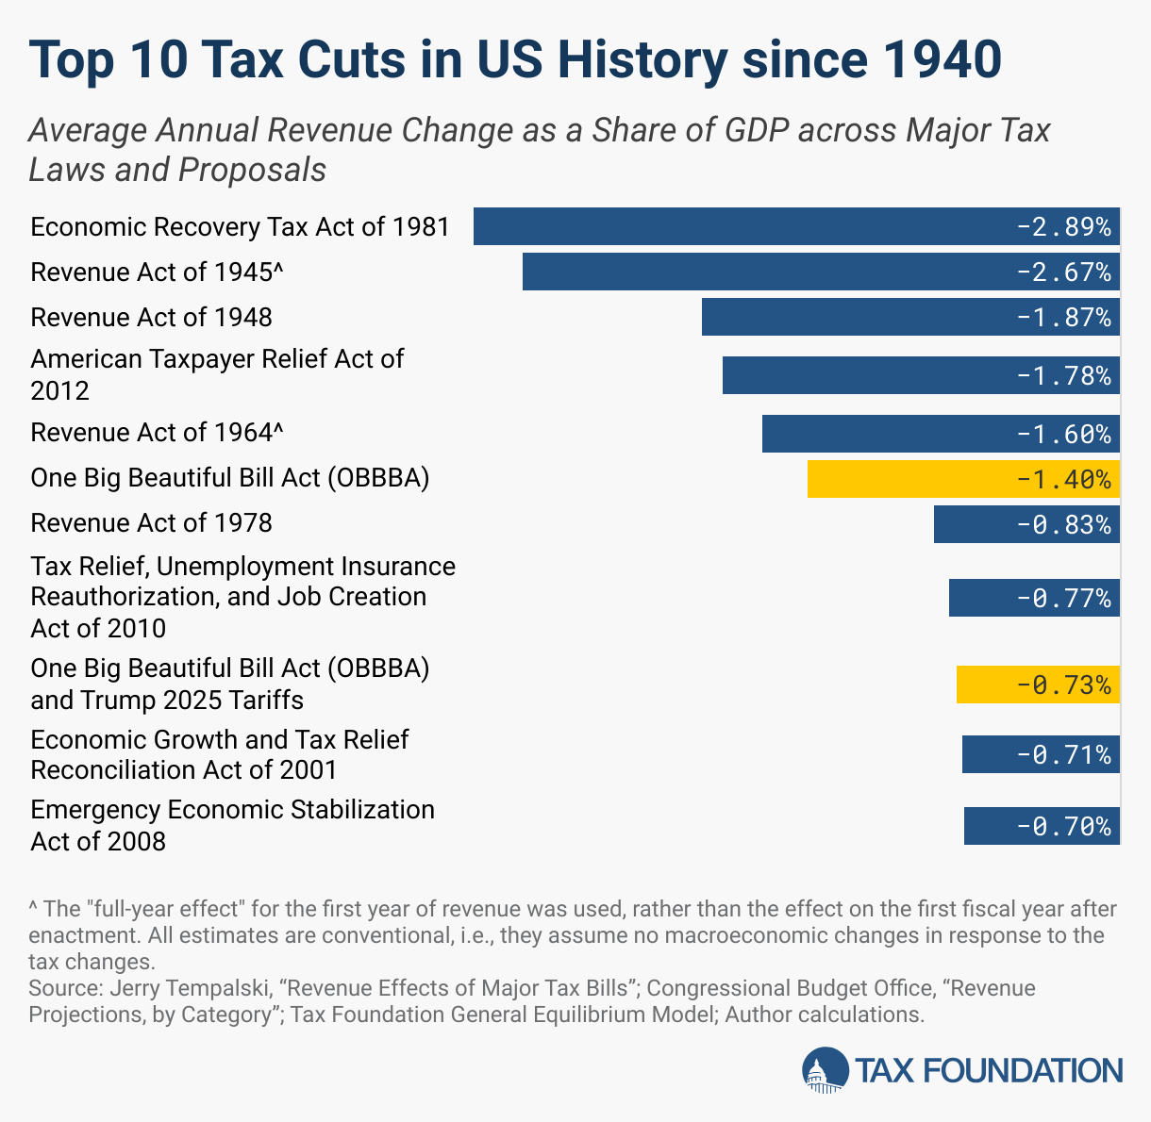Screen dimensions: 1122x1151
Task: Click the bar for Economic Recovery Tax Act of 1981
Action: pos(736,226)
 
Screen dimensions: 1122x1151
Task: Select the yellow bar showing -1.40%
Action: pos(906,479)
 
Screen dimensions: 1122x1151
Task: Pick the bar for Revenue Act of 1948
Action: pos(849,317)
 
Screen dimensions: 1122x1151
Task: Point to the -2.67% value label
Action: pos(1063,272)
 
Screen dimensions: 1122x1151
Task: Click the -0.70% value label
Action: pos(1063,827)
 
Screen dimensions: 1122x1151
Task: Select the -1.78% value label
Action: pos(1063,376)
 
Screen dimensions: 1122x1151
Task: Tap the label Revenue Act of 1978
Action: pos(151,523)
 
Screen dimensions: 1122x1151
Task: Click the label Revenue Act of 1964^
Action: pos(157,433)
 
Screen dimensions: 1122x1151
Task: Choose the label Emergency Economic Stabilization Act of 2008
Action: pos(231,825)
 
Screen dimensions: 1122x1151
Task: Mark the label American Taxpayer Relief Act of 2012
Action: pos(217,374)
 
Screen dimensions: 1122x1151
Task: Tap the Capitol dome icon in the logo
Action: pos(824,1071)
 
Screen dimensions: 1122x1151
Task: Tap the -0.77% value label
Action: pos(1063,599)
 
